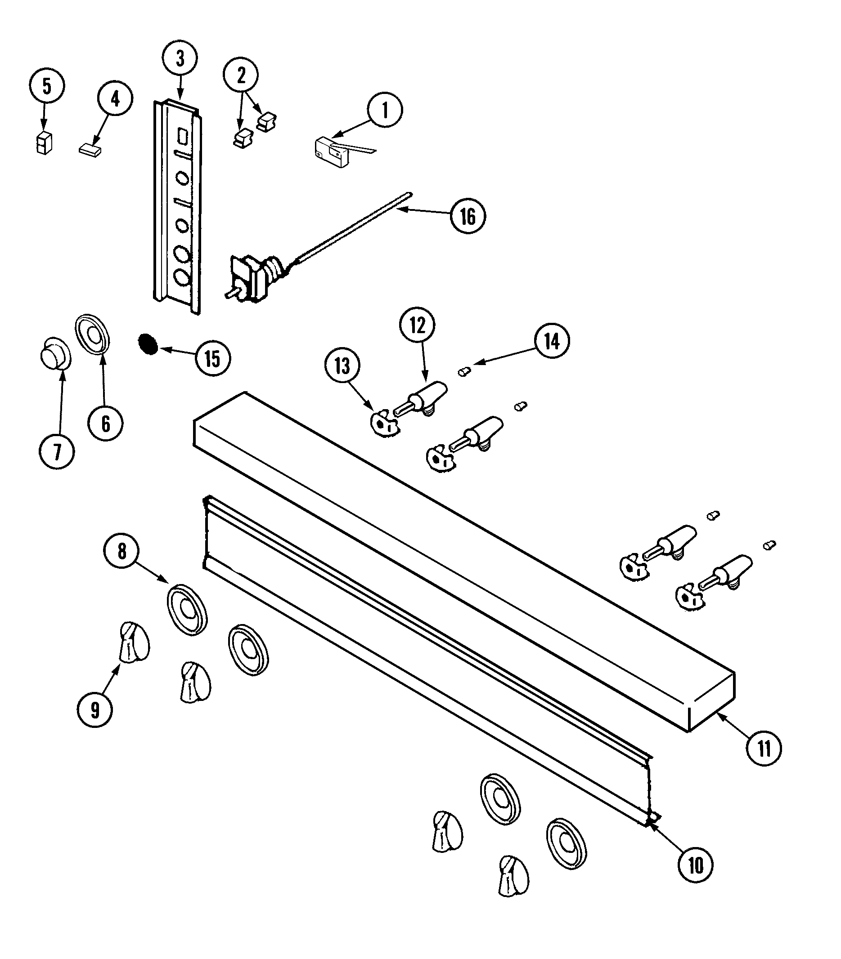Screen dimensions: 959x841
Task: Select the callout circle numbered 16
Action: (x=468, y=216)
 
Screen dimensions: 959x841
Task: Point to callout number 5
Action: (x=46, y=86)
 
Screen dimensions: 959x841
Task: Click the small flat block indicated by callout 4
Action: (x=90, y=150)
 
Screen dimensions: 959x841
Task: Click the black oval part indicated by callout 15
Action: (x=148, y=344)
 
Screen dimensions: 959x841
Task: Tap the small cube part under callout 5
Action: (x=44, y=143)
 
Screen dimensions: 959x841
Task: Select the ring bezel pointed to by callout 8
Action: (x=187, y=610)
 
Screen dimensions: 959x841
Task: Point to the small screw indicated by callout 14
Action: (x=463, y=372)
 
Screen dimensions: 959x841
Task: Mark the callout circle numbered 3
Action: (x=180, y=58)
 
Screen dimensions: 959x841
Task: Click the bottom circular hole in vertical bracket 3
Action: (x=181, y=277)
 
